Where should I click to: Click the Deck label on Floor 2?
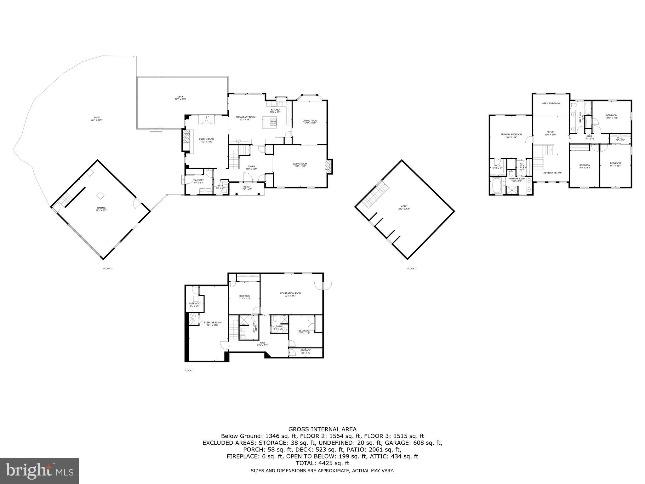click(x=180, y=98)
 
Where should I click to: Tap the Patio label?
click(x=97, y=118)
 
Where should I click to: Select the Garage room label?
click(x=101, y=209)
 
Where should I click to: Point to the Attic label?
click(x=405, y=208)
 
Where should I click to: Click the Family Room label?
click(x=206, y=141)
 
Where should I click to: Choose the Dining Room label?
click(x=310, y=122)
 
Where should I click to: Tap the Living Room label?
click(x=300, y=165)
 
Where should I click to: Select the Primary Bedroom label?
click(x=511, y=135)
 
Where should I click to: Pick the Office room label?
click(x=550, y=133)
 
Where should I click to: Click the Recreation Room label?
click(x=290, y=295)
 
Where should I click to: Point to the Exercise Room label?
click(x=212, y=324)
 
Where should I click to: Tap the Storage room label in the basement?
click(x=305, y=351)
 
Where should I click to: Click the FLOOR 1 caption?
click(x=189, y=371)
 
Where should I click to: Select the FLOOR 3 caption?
click(x=412, y=269)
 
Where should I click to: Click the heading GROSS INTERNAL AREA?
click(x=322, y=429)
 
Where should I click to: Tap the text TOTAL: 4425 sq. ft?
click(x=322, y=463)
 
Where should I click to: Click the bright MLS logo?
click(x=39, y=471)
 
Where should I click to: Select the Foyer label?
click(x=251, y=168)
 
